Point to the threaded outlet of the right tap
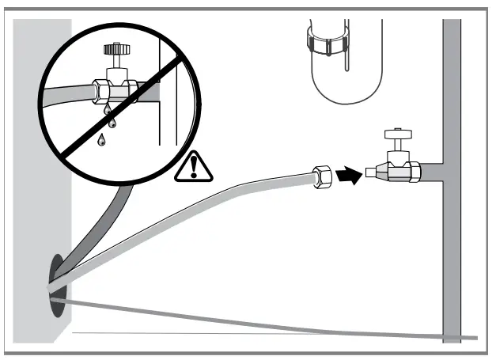[x=371, y=172]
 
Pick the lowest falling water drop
[x=101, y=141]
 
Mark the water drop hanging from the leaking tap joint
[x=105, y=110]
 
